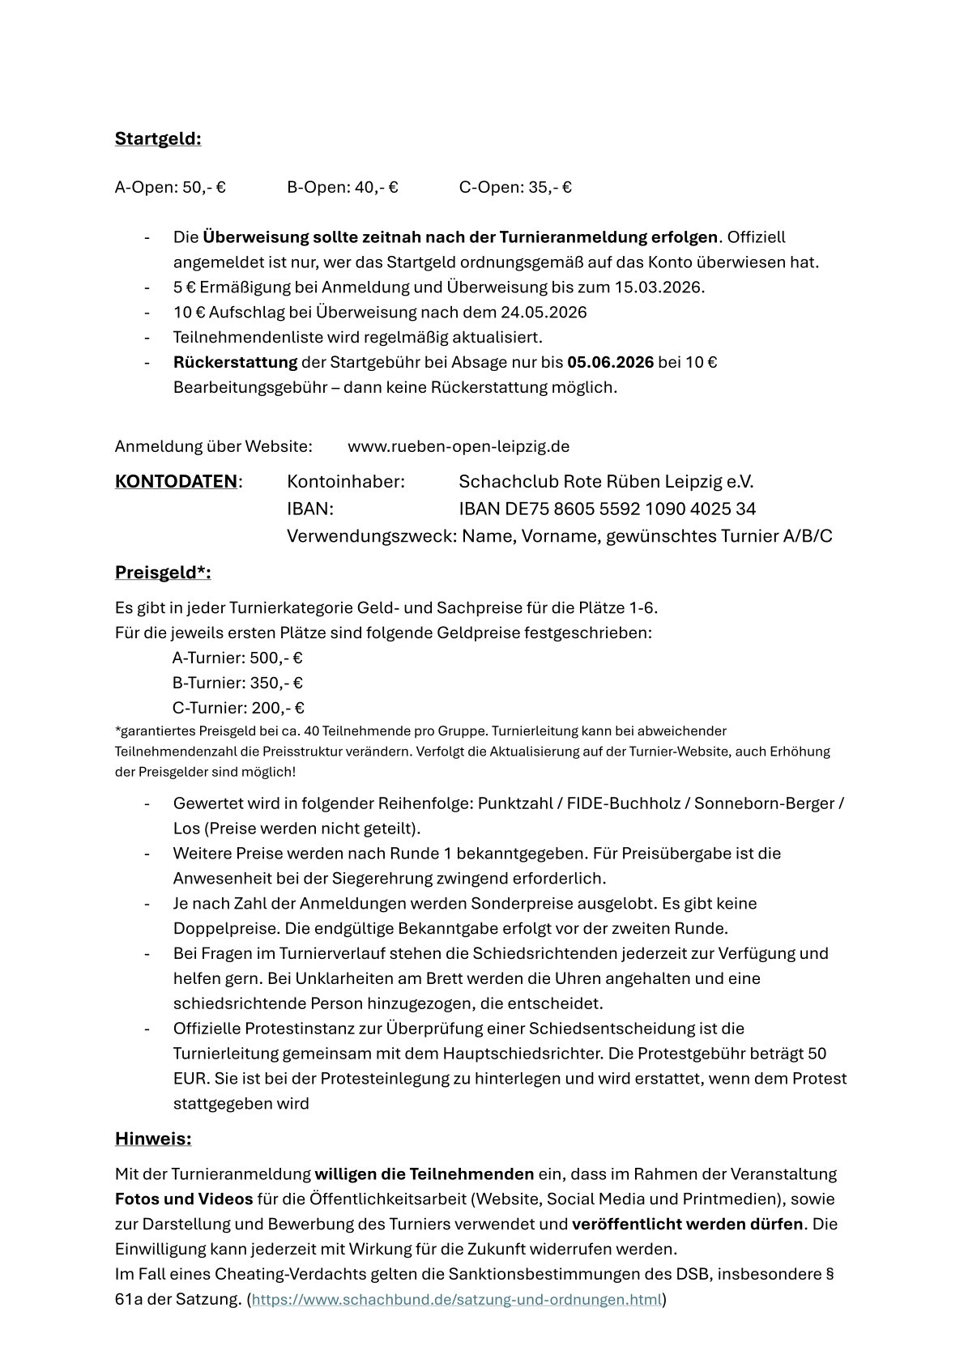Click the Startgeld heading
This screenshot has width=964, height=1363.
158,138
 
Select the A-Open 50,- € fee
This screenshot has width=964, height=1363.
170,187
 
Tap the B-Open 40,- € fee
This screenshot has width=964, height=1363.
343,187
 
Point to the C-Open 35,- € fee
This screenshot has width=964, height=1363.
515,187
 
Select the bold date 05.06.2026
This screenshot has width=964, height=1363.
610,362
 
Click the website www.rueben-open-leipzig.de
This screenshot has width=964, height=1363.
459,446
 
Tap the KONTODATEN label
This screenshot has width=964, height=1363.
176,482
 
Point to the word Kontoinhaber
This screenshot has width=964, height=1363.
346,482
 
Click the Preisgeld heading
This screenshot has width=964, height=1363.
163,573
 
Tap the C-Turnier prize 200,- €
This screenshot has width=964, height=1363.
278,708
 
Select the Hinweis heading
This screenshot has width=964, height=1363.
153,1139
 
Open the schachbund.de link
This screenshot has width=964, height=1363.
457,1300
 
